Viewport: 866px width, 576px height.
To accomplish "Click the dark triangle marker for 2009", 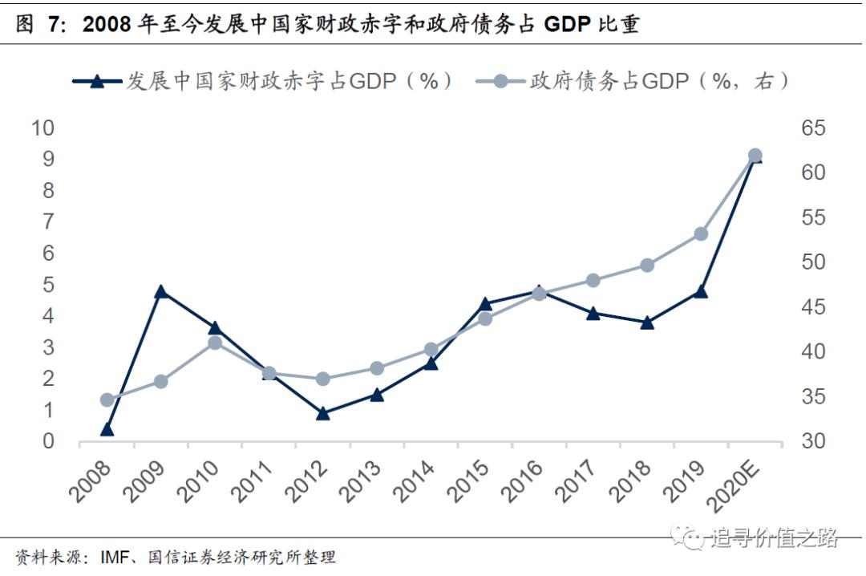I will (x=160, y=291).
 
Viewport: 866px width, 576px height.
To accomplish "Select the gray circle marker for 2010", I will (x=215, y=343).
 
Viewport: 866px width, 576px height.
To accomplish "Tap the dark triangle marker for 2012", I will (x=323, y=413).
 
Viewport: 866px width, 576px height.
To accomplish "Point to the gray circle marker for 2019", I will (x=700, y=234).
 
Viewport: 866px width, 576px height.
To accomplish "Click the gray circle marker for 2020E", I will (x=755, y=156).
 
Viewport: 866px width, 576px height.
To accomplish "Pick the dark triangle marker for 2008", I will (x=107, y=429).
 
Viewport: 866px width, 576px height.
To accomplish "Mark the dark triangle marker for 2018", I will (x=647, y=322).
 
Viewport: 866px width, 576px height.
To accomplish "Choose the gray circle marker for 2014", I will (x=431, y=349).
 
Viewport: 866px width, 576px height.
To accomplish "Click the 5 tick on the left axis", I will (x=48, y=285).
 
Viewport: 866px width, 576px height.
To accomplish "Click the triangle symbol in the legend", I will (x=97, y=81).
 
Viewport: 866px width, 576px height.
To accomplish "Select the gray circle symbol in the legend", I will (x=500, y=81).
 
